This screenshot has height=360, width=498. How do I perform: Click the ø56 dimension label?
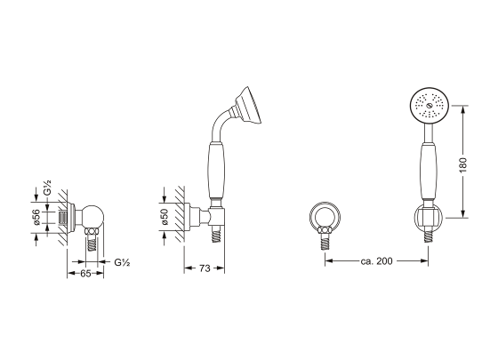click(x=36, y=218)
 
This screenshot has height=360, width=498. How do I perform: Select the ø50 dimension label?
click(x=165, y=217)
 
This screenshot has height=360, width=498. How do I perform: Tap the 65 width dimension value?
click(x=85, y=274)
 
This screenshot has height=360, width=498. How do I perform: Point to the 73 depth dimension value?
click(x=205, y=268)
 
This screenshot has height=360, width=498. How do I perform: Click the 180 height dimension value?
click(x=463, y=165)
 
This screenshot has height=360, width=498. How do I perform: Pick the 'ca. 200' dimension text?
click(x=377, y=261)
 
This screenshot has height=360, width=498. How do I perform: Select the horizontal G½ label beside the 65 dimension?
click(x=122, y=262)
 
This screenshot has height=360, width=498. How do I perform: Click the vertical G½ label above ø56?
click(x=47, y=188)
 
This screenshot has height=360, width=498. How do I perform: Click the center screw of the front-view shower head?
click(x=429, y=106)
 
